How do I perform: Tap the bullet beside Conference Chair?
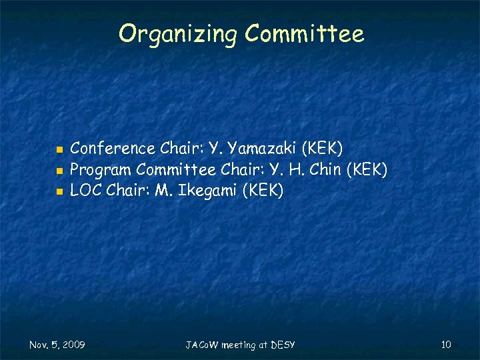point(59,148)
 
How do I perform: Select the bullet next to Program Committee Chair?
point(59,170)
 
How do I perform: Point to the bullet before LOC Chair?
point(59,192)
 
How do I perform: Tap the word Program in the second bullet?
point(101,169)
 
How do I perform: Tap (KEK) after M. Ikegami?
point(263,191)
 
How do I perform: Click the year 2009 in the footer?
point(73,345)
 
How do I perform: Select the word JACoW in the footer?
point(199,345)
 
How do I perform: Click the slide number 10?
point(446,344)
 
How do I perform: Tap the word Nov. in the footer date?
point(39,345)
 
